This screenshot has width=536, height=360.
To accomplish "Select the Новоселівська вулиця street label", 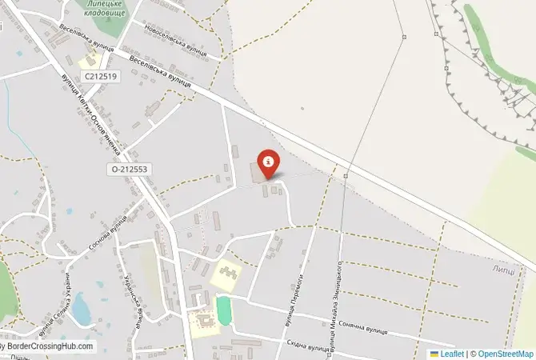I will click(175, 39).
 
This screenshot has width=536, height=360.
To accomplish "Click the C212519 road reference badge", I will click(100, 76).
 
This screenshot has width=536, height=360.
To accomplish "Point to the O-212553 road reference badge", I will click(128, 170).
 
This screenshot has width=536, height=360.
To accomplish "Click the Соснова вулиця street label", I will click(108, 233).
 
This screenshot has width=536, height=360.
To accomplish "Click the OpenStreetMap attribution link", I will click(506, 354).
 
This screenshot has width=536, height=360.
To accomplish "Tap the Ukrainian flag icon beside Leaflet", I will click(434, 354).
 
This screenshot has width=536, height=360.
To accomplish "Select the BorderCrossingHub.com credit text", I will click(50, 347).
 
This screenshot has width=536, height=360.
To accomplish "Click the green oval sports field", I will click(223, 310).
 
